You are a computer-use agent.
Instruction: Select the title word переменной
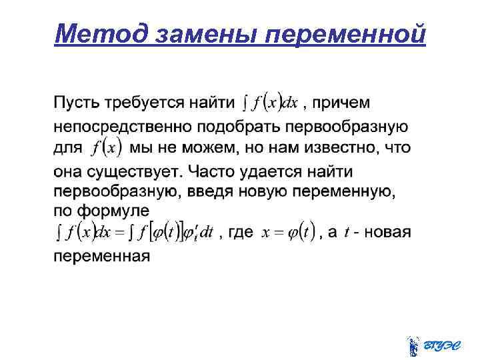345,33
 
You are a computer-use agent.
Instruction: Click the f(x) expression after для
107,147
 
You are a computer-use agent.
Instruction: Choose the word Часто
212,171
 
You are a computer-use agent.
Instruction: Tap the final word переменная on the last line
102,255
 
